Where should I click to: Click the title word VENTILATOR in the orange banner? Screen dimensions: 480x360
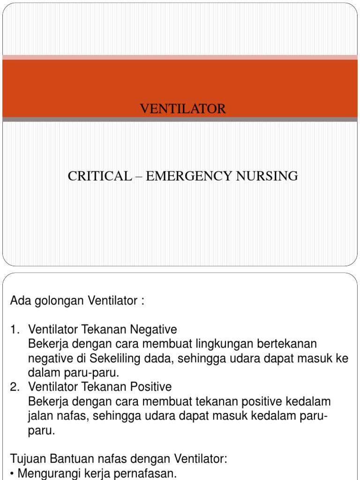pyautogui.click(x=183, y=109)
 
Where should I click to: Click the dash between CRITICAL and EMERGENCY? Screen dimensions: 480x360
pyautogui.click(x=139, y=177)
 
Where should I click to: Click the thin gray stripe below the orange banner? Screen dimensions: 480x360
pyautogui.click(x=180, y=120)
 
